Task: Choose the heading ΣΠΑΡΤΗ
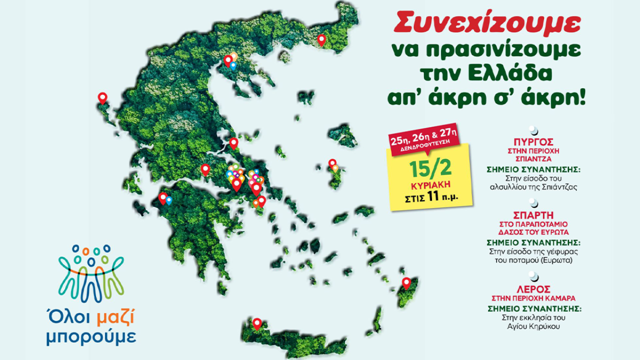pos(534,215)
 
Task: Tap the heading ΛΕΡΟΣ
pos(534,289)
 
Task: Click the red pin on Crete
pos(257,323)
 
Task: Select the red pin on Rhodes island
pos(406,282)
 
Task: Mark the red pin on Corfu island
pos(102,97)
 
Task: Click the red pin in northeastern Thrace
pos(322,39)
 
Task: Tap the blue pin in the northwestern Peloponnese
pos(169,200)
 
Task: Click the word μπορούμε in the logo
pos(90,336)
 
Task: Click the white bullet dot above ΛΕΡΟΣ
pos(534,275)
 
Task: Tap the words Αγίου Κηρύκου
pos(534,326)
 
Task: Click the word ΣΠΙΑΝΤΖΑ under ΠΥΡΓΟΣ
pos(534,158)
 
